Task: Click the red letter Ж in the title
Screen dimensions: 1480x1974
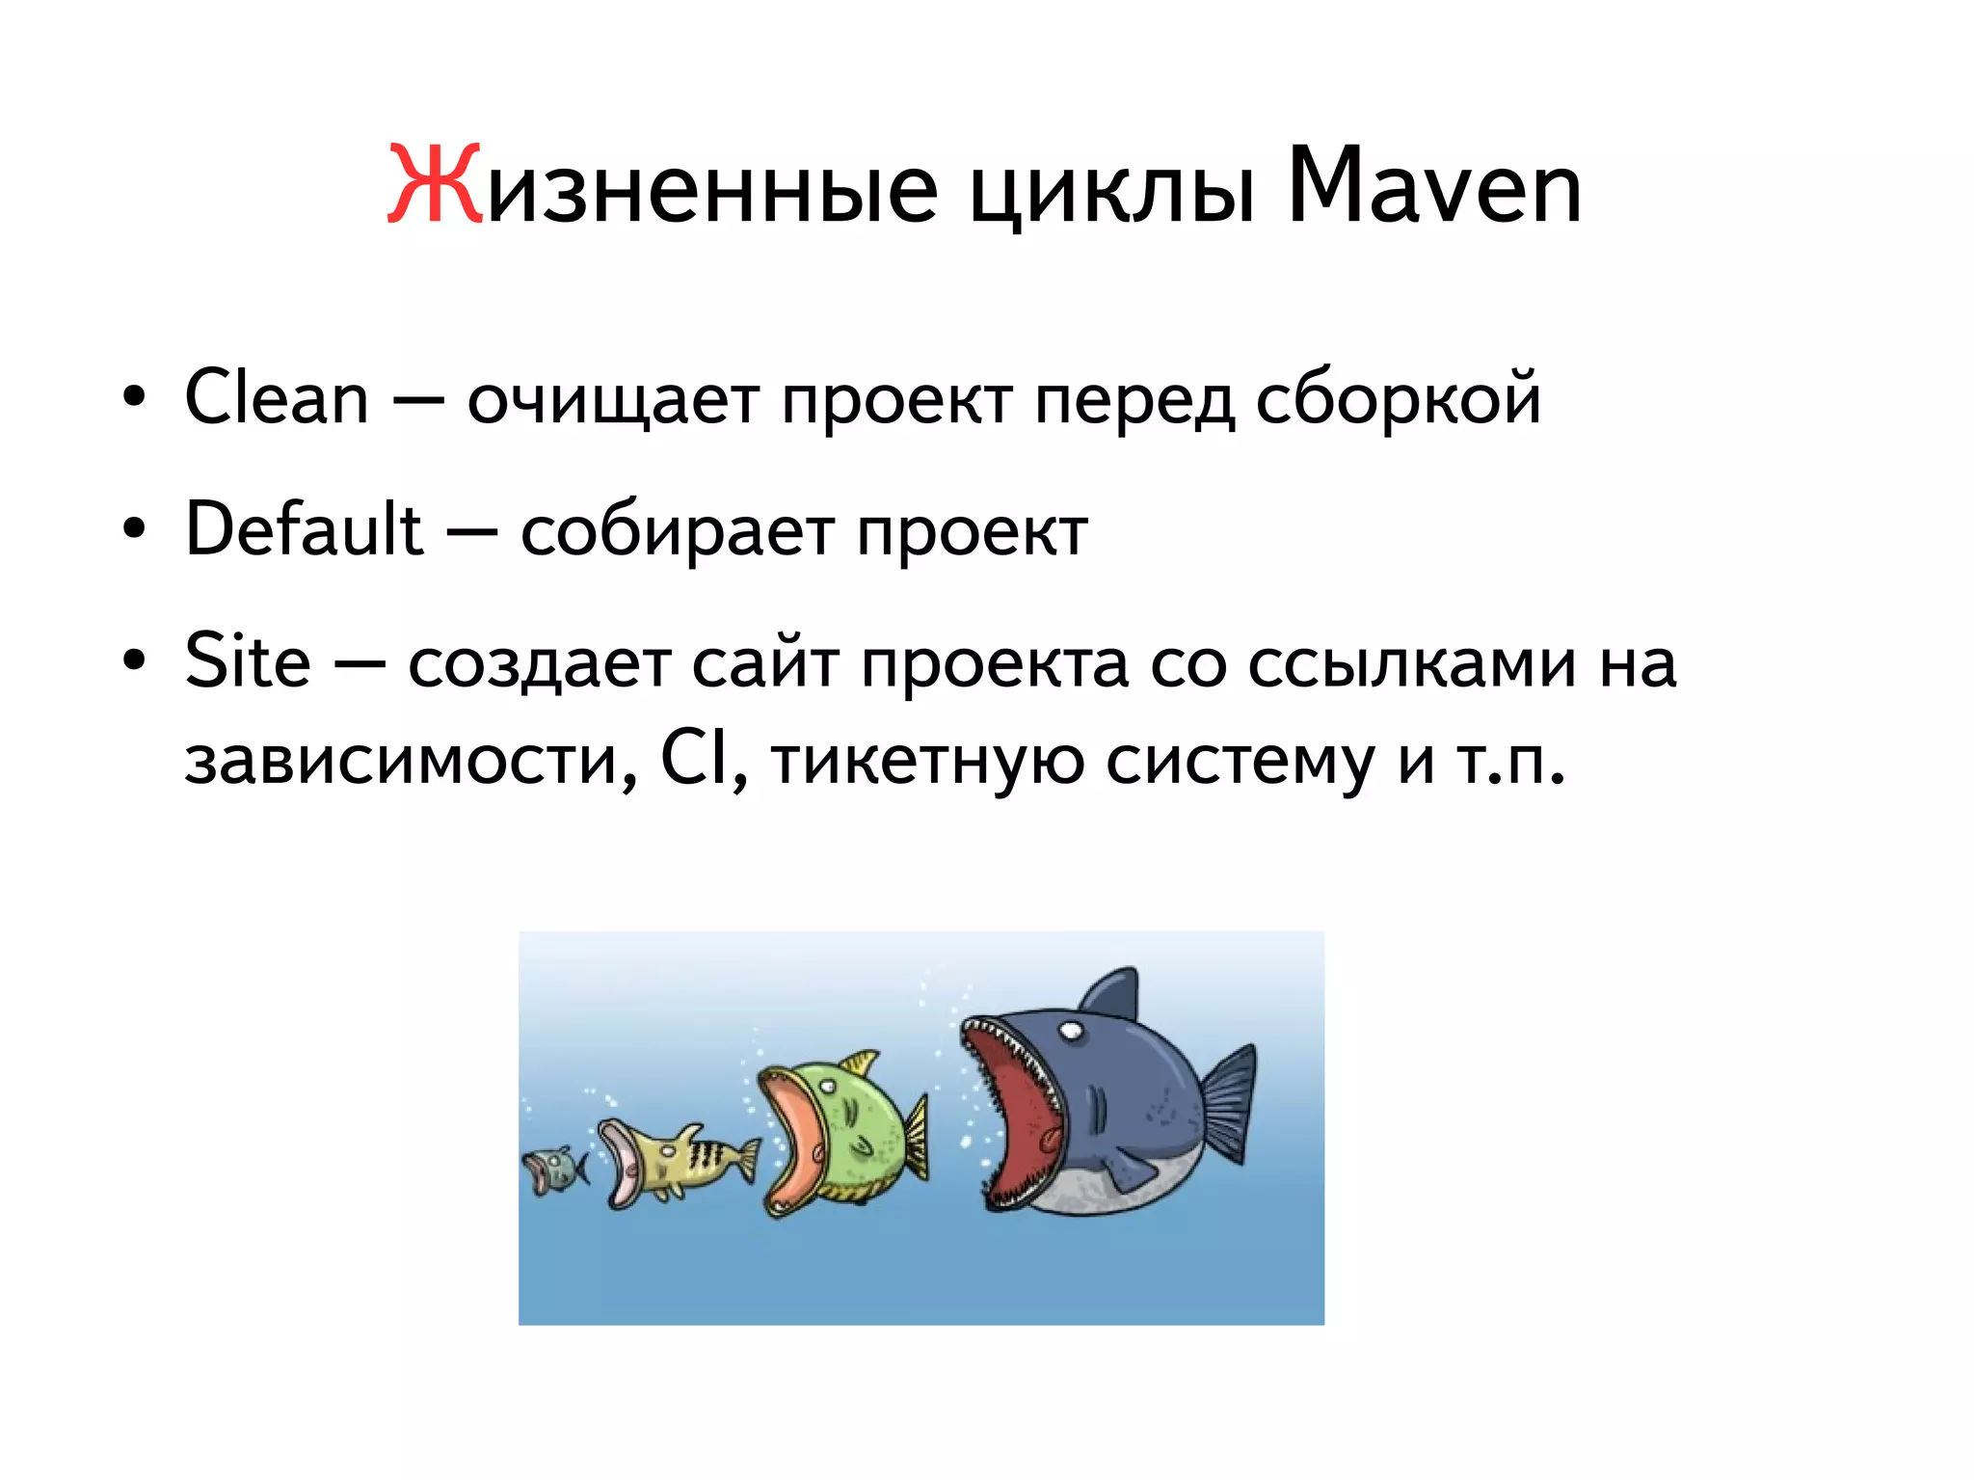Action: pyautogui.click(x=434, y=185)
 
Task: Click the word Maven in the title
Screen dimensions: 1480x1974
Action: pyautogui.click(x=1434, y=185)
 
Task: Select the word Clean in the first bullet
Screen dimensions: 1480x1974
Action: pyautogui.click(x=277, y=397)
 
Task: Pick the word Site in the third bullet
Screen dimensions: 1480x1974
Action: pyautogui.click(x=248, y=661)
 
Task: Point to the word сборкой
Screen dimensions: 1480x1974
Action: pyautogui.click(x=1398, y=399)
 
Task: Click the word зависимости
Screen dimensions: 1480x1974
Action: pyautogui.click(x=410, y=762)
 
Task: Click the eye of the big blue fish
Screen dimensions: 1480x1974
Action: pyautogui.click(x=1071, y=1032)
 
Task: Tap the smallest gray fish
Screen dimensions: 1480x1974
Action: pyautogui.click(x=554, y=1170)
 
